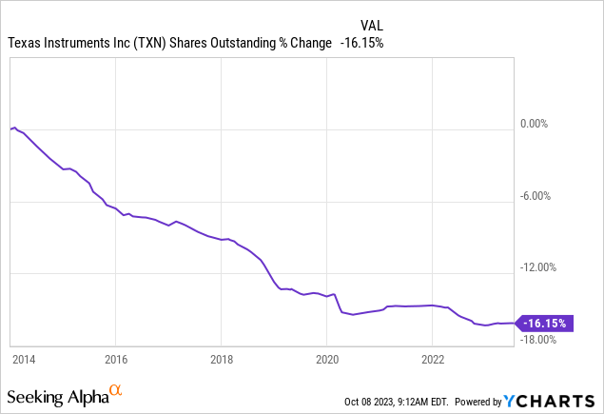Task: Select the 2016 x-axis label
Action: point(114,360)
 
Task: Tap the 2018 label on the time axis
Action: point(221,360)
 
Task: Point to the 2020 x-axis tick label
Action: point(326,360)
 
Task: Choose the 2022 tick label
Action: point(432,360)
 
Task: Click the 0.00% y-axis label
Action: point(546,124)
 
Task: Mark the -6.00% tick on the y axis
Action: point(545,195)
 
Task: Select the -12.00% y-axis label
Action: point(543,266)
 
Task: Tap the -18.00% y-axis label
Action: point(543,338)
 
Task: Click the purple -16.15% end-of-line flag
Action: point(546,323)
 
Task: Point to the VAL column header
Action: point(372,25)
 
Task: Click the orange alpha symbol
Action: point(115,390)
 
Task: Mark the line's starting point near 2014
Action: point(11,128)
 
